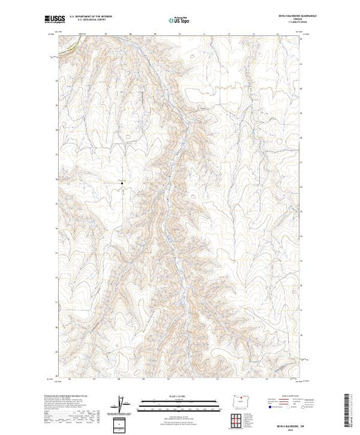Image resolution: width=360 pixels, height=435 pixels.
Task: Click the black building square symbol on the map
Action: (x=122, y=183)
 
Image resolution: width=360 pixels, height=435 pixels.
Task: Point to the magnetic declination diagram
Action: (x=122, y=401)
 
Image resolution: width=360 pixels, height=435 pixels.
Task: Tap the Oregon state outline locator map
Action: (x=236, y=402)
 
